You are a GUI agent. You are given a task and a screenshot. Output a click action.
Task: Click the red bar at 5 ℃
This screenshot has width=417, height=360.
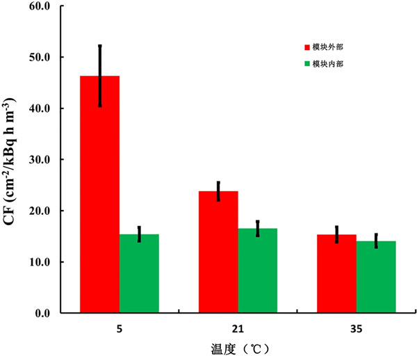point(100,195)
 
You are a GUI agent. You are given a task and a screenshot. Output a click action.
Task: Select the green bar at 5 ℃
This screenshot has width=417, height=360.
point(139,274)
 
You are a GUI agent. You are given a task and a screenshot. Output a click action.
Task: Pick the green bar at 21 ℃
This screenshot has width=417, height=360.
point(257,271)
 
